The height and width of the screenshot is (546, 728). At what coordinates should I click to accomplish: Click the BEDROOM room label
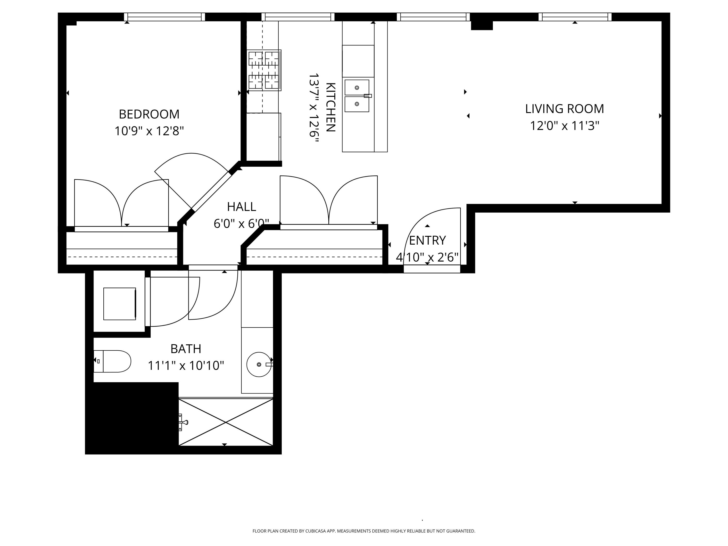(149, 114)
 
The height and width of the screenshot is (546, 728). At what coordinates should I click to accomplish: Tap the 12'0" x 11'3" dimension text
(564, 126)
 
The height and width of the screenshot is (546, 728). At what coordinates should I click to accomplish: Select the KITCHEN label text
(331, 107)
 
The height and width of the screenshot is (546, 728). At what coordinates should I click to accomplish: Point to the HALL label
(241, 207)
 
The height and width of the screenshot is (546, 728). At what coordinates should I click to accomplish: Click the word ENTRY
(427, 240)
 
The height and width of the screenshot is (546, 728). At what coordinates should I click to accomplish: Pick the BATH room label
(186, 348)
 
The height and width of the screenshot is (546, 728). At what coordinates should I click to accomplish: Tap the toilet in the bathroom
(114, 361)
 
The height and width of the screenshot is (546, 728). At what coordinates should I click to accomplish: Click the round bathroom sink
(259, 364)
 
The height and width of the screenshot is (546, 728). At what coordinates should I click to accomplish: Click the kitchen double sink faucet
(367, 96)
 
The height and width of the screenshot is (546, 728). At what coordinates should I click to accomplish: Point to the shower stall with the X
(226, 422)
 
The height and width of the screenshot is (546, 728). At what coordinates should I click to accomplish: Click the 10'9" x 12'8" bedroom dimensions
(149, 131)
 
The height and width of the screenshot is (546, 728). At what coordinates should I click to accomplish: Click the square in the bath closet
(119, 303)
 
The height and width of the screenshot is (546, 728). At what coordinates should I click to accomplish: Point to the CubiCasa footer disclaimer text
(364, 531)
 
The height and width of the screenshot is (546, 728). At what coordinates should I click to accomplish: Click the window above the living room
(575, 17)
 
